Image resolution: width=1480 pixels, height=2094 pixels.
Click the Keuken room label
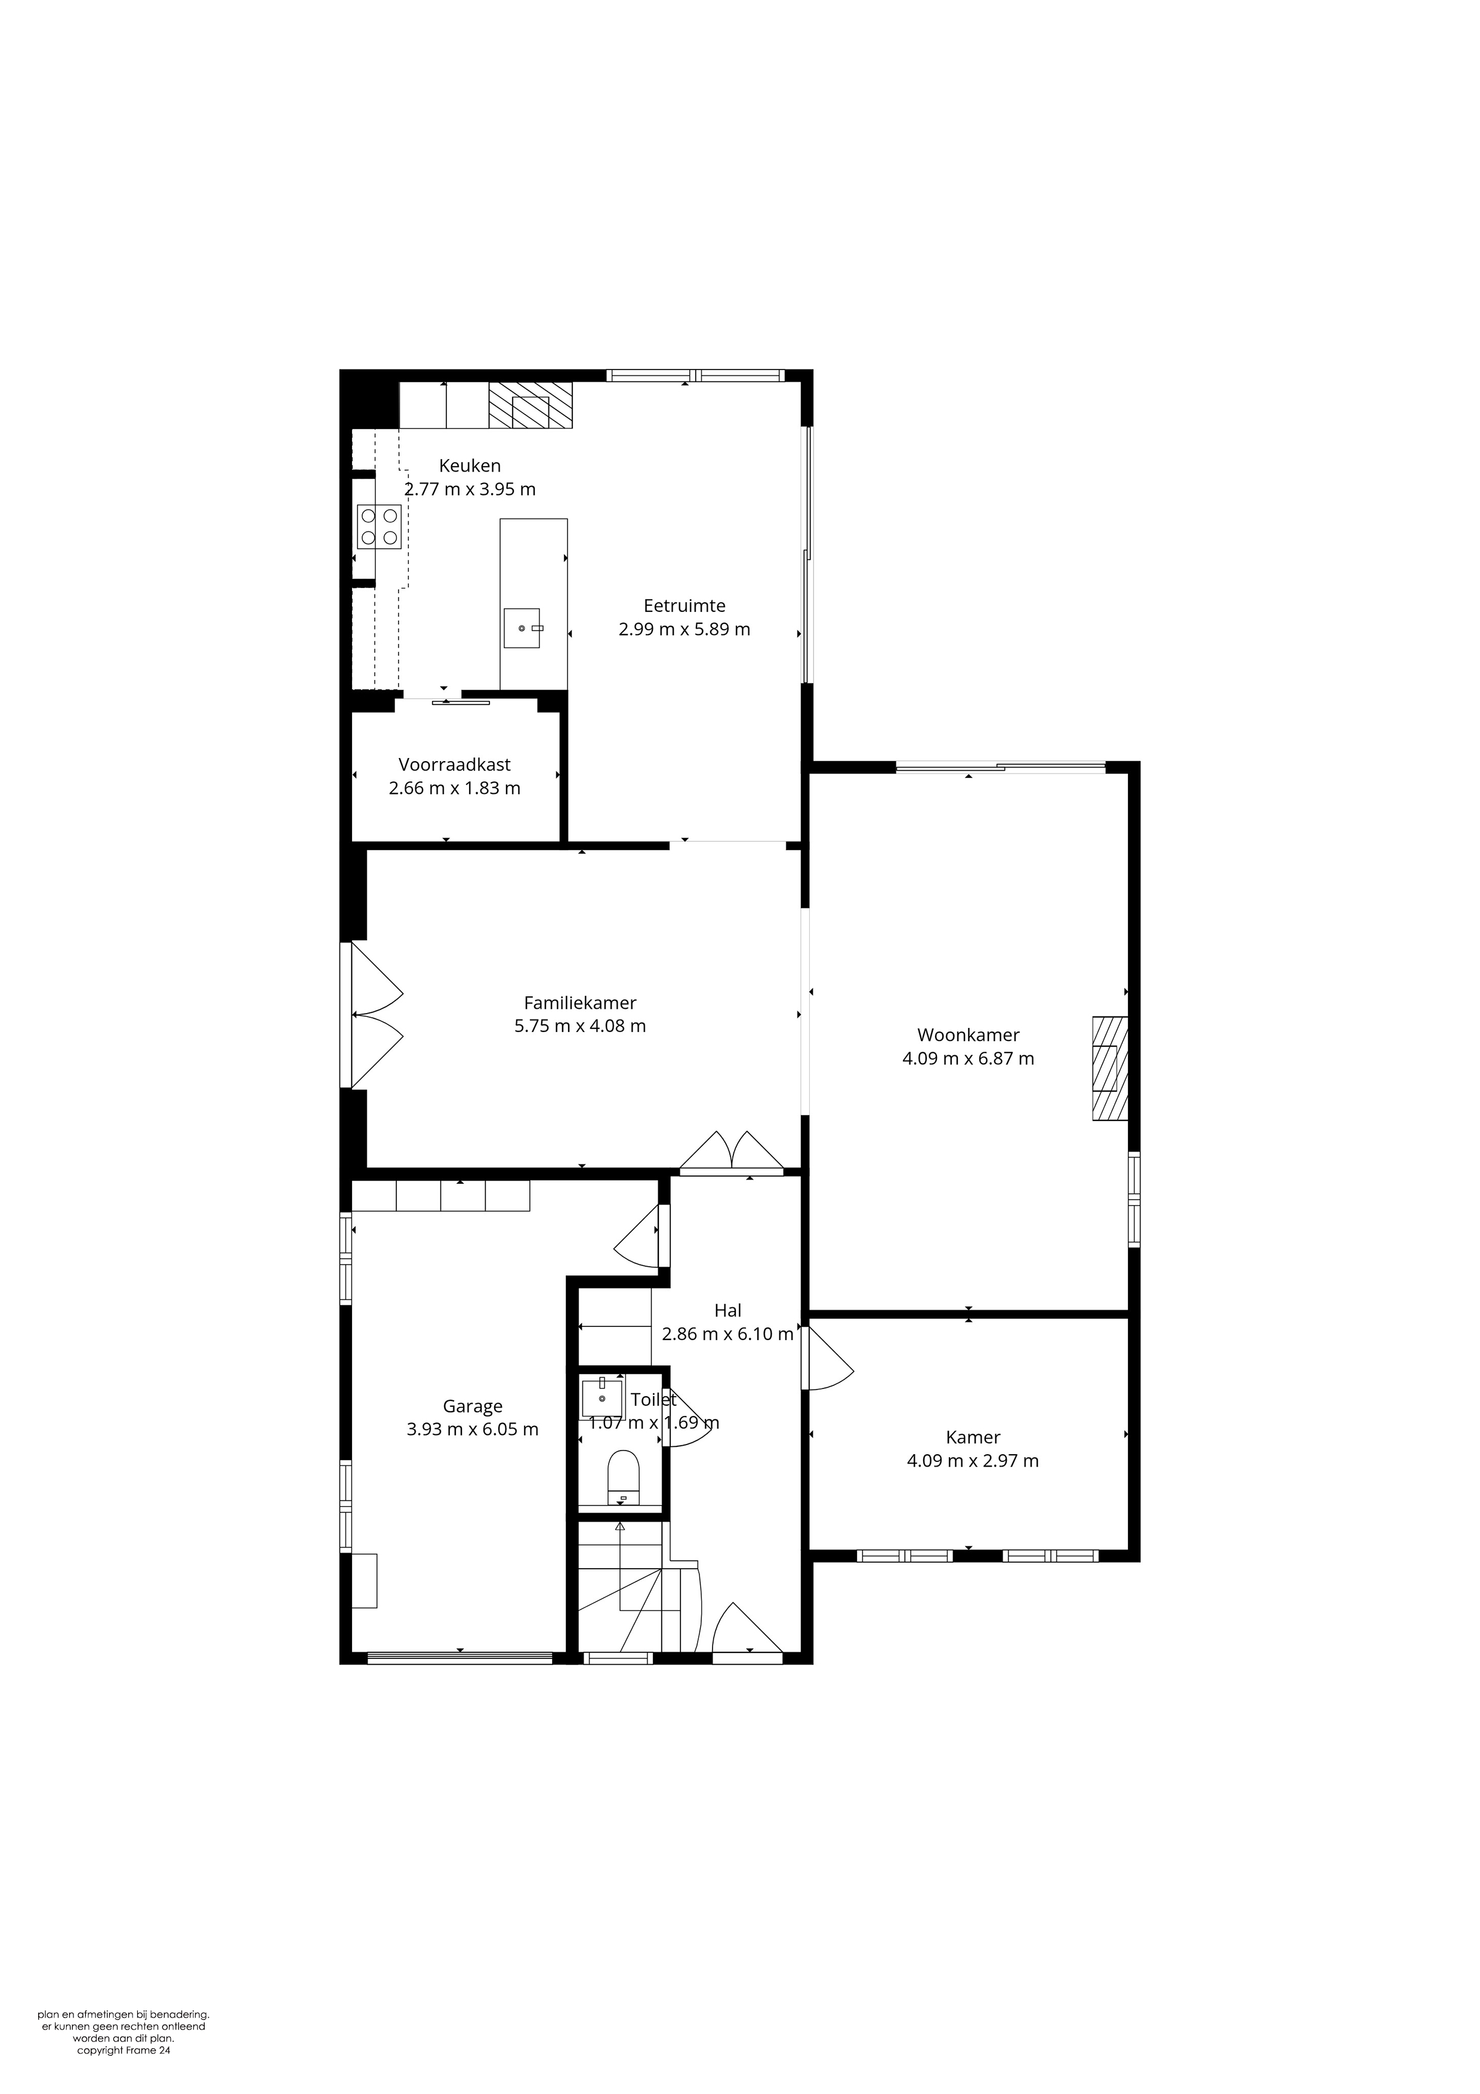470,465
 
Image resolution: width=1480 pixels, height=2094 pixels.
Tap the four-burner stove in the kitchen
380,526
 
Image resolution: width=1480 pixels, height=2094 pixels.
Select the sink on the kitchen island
522,627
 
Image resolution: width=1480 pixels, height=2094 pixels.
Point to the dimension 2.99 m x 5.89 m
684,629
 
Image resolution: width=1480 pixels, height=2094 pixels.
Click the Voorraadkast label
454,764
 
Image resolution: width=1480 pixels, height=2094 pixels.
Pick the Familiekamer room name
580,1002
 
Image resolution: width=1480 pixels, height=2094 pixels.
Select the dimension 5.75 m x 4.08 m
580,1026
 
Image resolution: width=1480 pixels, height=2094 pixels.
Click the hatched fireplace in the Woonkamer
1111,1068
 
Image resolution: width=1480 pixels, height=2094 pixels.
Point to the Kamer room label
973,1437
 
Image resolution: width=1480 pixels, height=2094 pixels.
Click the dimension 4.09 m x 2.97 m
973,1461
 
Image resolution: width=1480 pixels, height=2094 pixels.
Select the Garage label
473,1406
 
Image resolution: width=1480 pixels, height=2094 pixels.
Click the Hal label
727,1311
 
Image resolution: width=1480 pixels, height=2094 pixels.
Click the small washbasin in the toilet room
602,1398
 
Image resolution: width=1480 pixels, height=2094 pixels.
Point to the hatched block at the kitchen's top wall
531,405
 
